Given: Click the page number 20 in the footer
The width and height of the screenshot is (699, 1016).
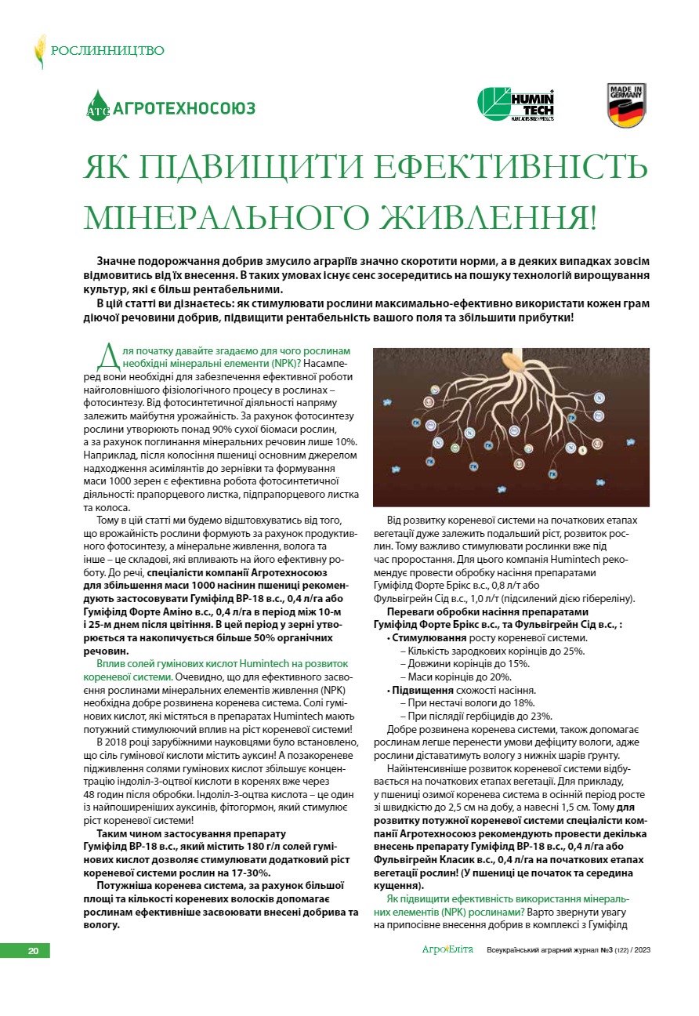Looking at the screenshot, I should (33, 951).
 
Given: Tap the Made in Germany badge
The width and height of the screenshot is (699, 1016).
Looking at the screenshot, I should (627, 105).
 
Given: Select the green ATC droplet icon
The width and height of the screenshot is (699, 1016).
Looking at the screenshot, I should (97, 106).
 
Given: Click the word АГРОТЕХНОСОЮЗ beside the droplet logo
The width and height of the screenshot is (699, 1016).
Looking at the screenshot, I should (184, 108).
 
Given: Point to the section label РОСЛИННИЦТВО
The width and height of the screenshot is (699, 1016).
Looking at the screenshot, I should (107, 51).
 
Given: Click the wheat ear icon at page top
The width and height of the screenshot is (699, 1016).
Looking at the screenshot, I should (39, 51).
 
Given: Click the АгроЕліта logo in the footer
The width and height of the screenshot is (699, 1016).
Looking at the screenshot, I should (447, 950).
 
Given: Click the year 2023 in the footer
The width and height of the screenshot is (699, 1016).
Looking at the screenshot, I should (638, 951).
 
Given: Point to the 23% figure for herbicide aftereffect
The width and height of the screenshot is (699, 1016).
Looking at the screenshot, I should (540, 716).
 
